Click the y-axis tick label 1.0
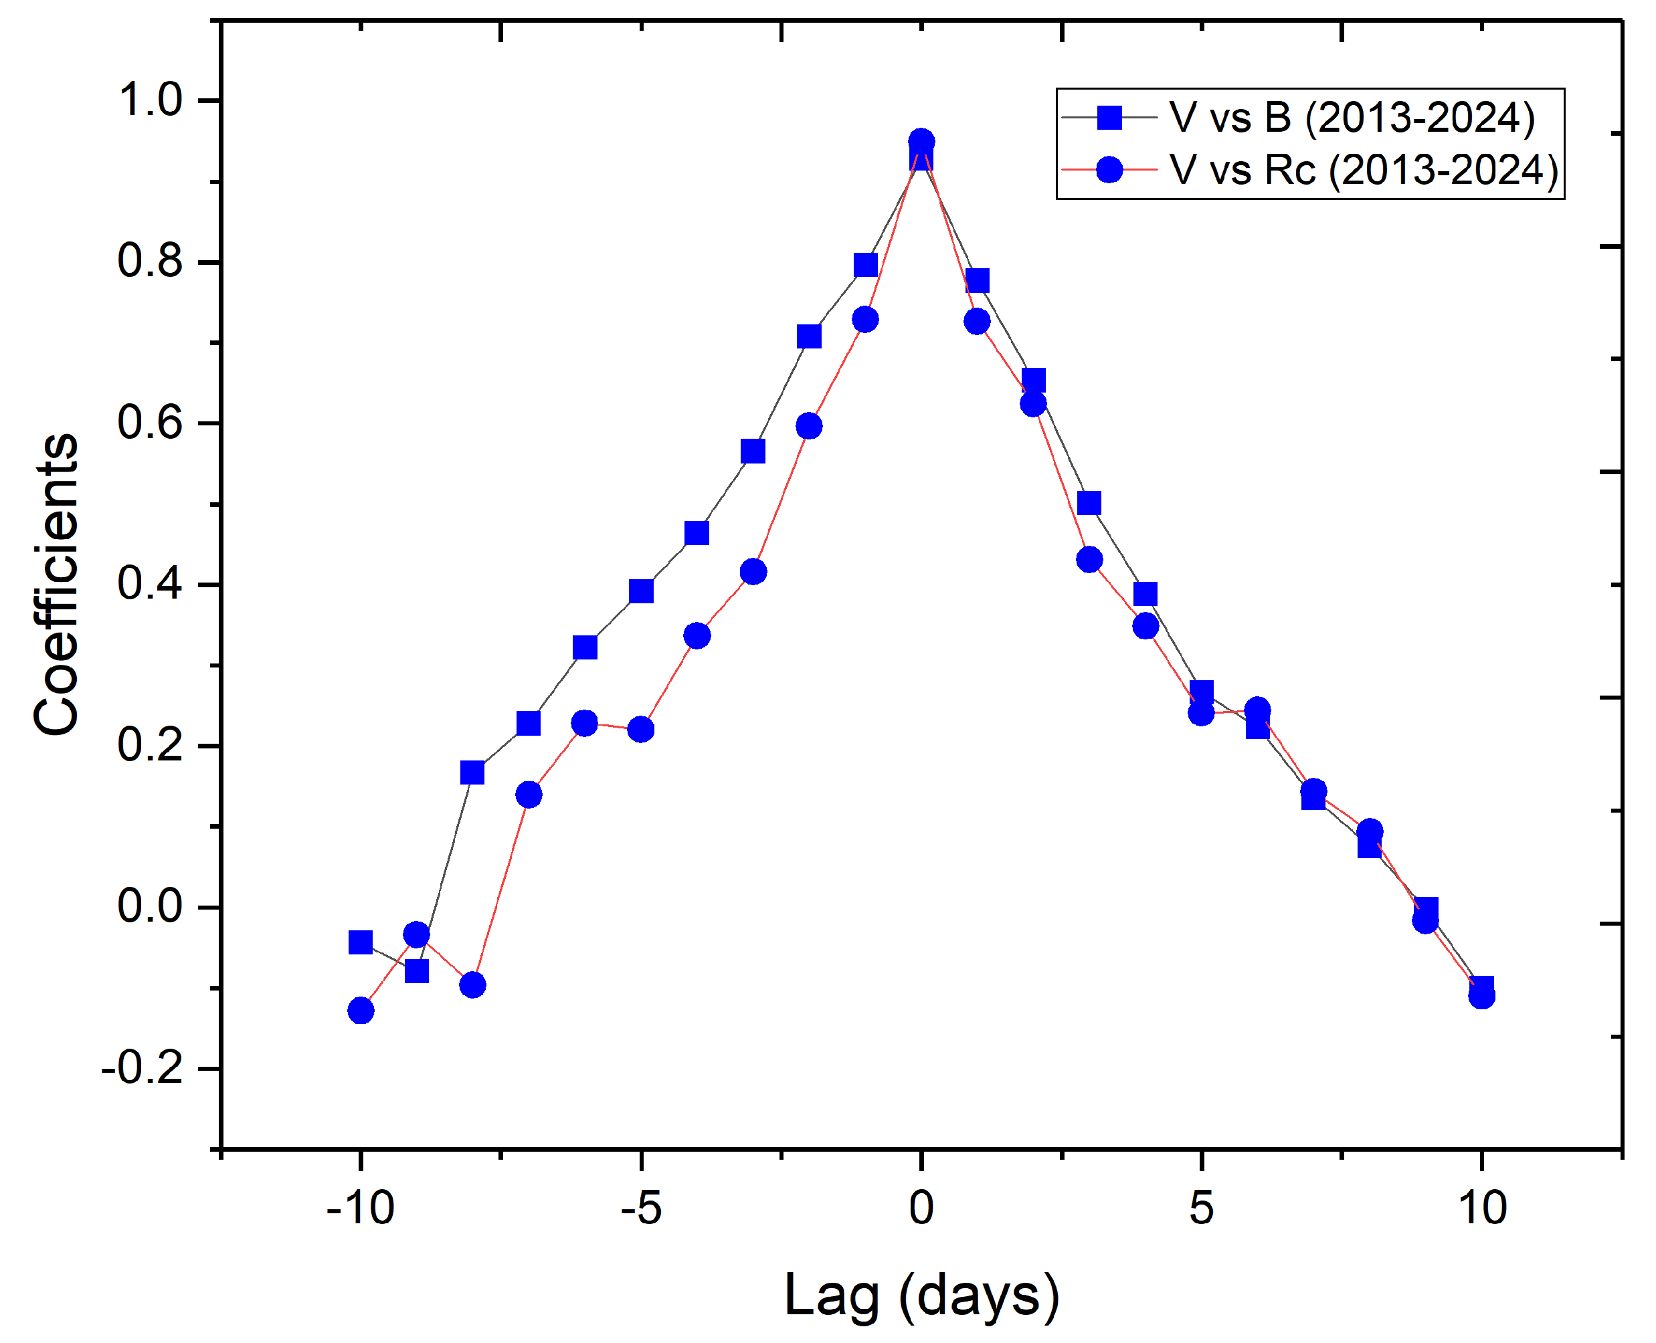[x=149, y=100]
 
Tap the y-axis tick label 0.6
[x=149, y=423]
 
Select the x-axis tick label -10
[x=360, y=1208]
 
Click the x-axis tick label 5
[x=1200, y=1208]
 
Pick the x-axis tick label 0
[x=921, y=1208]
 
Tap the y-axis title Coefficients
[x=56, y=584]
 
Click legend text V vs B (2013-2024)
[x=1351, y=118]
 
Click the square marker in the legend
[x=1109, y=118]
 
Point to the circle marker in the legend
[x=1109, y=169]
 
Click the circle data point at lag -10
[x=361, y=1011]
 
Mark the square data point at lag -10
[x=361, y=942]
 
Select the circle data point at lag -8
[x=472, y=985]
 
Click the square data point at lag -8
[x=472, y=772]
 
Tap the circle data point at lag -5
[x=641, y=729]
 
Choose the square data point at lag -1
[x=865, y=266]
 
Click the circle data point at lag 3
[x=1089, y=559]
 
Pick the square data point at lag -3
[x=753, y=451]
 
